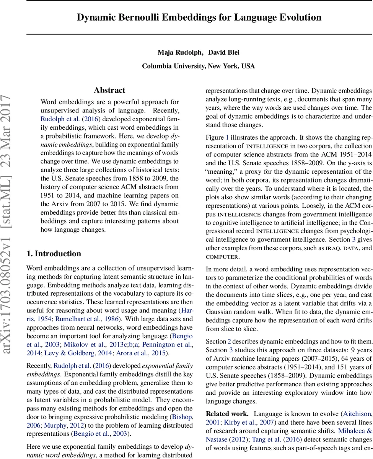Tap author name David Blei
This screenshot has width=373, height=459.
point(224,52)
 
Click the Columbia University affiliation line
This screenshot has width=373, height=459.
point(198,66)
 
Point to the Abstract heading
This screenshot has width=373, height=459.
point(109,90)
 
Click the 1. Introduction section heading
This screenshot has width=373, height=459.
point(54,254)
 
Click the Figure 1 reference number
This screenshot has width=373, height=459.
point(227,137)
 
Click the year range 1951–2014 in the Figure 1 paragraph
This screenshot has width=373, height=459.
point(352,154)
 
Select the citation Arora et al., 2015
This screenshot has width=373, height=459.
point(142,353)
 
